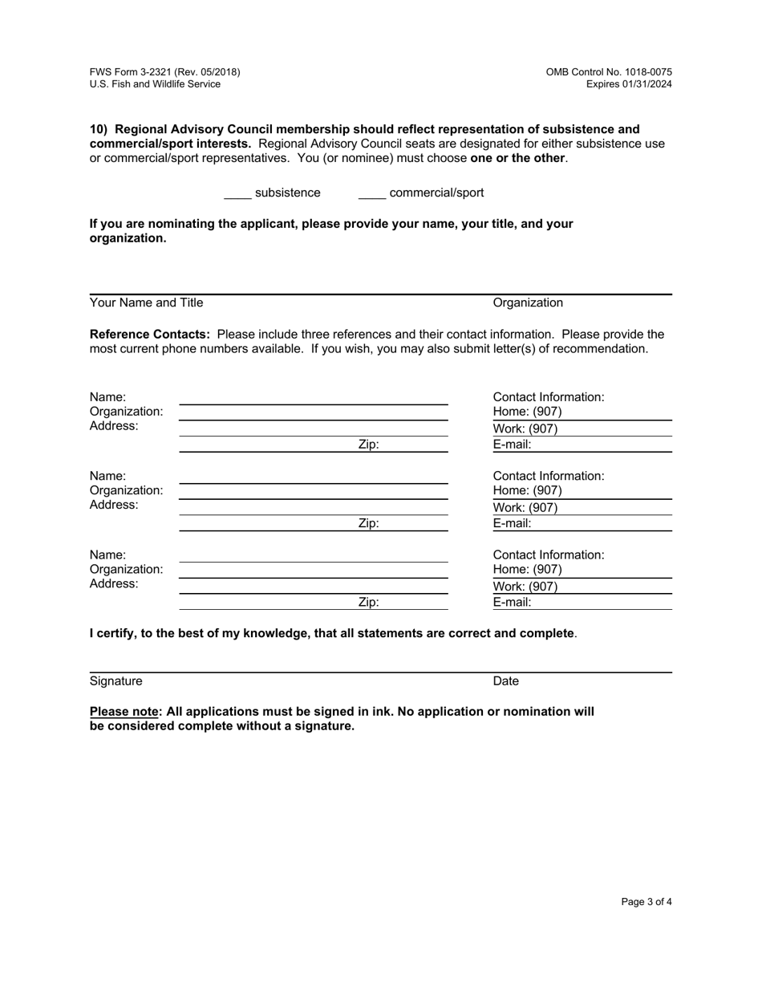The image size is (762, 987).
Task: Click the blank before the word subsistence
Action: (x=237, y=194)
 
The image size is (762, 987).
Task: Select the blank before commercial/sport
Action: (x=371, y=194)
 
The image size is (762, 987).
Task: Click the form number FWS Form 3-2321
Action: (x=164, y=72)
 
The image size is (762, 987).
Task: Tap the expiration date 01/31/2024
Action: (x=648, y=84)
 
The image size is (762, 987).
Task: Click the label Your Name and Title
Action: (x=146, y=303)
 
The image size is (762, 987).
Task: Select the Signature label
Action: (x=116, y=681)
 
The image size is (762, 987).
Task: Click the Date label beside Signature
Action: (x=505, y=681)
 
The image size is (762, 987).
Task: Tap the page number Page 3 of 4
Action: (x=646, y=902)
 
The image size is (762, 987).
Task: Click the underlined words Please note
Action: (x=124, y=712)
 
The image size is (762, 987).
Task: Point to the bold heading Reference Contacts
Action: (x=149, y=334)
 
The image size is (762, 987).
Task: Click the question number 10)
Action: (x=99, y=129)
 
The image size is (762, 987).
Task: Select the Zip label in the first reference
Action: (x=368, y=445)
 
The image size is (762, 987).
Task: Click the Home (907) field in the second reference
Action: (x=582, y=491)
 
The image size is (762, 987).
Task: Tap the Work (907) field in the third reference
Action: (x=582, y=587)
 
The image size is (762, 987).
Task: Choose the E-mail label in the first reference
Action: (x=512, y=445)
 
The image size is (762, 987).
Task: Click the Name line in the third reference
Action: (x=313, y=555)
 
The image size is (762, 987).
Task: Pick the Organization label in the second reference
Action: (x=126, y=490)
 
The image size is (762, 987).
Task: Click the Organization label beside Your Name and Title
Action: (x=528, y=303)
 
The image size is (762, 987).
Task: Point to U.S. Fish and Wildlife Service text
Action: (x=155, y=84)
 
